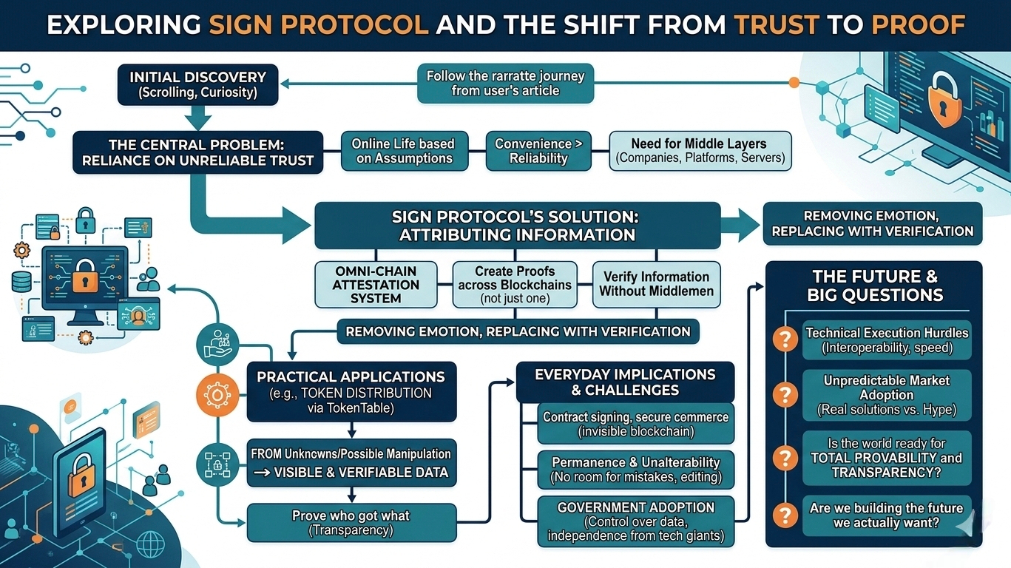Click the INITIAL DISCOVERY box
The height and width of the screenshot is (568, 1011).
click(x=197, y=84)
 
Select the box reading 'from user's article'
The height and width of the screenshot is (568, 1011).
click(x=505, y=84)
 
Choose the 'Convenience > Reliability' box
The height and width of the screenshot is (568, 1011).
click(x=538, y=151)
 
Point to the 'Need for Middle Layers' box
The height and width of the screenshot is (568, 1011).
click(x=699, y=151)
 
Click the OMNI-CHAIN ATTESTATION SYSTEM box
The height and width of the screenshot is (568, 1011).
click(x=376, y=285)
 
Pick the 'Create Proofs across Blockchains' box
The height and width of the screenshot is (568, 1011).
click(x=514, y=285)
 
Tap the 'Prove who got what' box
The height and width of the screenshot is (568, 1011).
click(x=351, y=521)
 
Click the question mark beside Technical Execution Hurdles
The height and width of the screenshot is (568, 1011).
click(x=783, y=340)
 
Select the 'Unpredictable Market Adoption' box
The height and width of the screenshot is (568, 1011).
click(x=886, y=395)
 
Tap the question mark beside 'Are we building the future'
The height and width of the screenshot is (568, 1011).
click(x=783, y=515)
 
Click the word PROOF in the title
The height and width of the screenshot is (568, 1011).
click(x=918, y=25)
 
